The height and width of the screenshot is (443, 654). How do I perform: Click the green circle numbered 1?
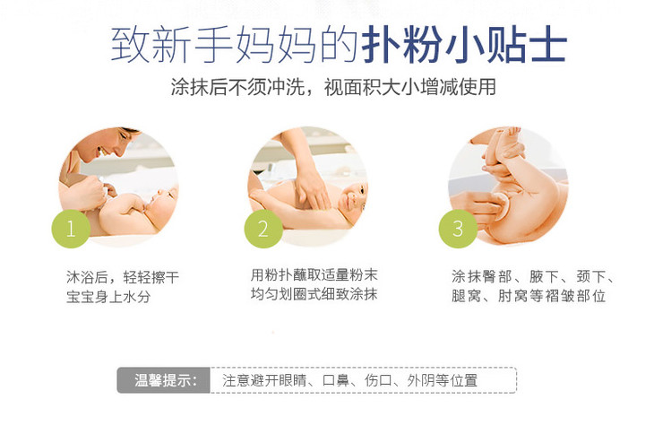[71, 229]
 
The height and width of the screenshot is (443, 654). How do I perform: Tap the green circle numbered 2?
[263, 229]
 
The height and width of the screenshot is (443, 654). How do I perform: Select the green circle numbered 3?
[458, 229]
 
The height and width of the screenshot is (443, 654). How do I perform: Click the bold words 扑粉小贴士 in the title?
[464, 45]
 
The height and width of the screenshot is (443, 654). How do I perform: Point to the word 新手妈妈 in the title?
[234, 45]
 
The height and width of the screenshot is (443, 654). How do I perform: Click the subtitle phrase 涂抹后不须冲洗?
[237, 87]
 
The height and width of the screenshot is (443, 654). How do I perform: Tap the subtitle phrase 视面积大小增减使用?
[410, 87]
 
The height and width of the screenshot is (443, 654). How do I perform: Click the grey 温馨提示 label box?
[163, 380]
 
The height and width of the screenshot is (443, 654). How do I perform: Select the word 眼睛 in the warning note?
[292, 380]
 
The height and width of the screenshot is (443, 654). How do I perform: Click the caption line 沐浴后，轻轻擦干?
[123, 277]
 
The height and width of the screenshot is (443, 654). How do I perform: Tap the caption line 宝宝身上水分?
[108, 297]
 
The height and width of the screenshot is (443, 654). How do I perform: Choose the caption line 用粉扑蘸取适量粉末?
[314, 274]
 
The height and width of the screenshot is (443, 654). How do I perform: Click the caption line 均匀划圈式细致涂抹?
[314, 294]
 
